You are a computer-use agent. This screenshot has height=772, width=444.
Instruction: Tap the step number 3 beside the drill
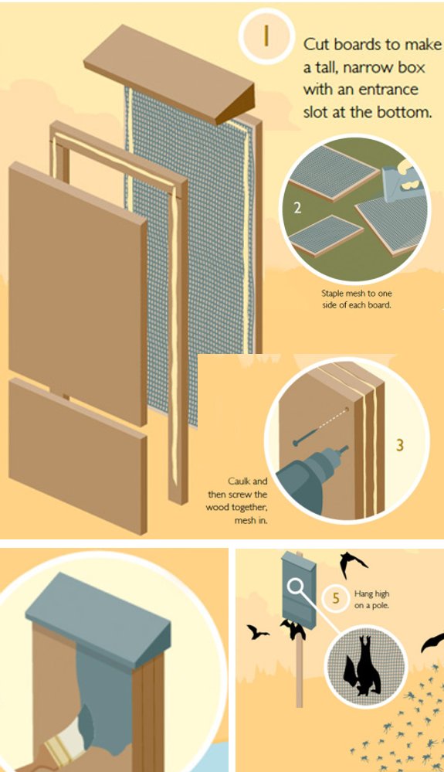click(399, 445)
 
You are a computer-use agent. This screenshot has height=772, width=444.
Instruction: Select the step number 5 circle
click(335, 597)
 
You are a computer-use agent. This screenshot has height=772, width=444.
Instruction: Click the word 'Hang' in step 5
click(364, 593)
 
